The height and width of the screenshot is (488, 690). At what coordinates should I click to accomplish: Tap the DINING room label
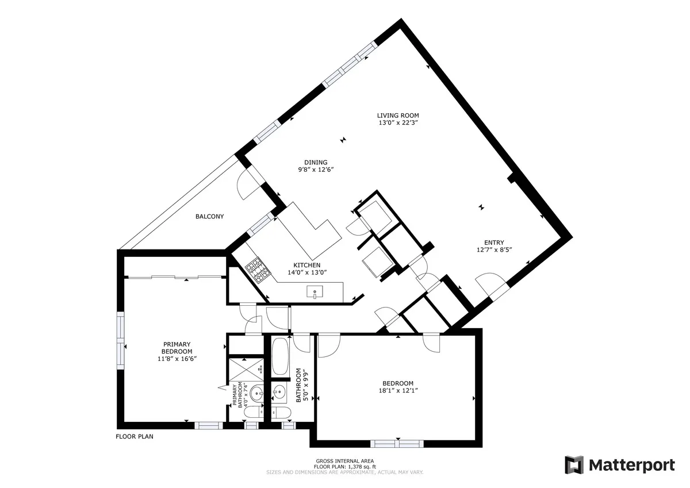(x=316, y=162)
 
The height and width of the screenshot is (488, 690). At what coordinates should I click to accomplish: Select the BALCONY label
(x=209, y=217)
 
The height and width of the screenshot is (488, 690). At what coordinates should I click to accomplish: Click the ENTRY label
(x=494, y=243)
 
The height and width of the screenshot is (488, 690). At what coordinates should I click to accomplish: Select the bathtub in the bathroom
(x=281, y=356)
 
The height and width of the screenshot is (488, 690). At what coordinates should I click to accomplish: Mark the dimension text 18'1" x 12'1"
(x=398, y=391)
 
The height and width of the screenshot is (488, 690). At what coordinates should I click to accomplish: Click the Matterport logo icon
(x=574, y=464)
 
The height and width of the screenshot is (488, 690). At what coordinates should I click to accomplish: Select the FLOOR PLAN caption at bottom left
(x=135, y=436)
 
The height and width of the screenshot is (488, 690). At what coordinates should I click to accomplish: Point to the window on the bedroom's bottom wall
(x=397, y=443)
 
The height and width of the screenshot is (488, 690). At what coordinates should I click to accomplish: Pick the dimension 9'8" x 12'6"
(x=316, y=170)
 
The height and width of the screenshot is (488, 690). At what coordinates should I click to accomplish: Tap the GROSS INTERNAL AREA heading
(x=345, y=461)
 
